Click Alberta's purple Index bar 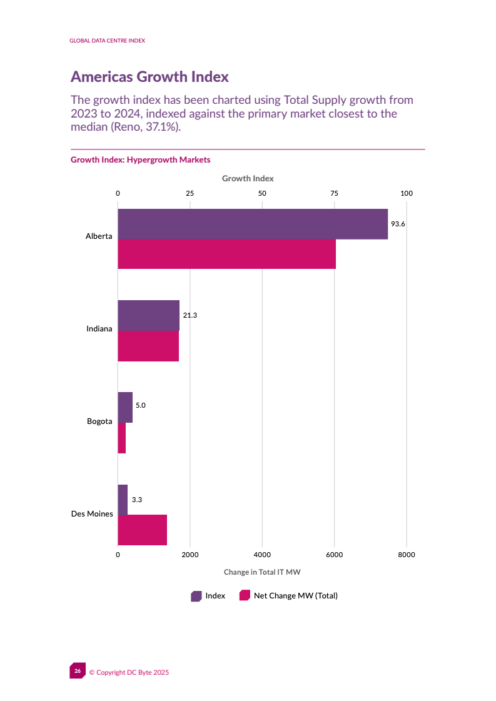[253, 224]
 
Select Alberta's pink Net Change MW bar [226, 254]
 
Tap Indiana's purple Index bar [148, 315]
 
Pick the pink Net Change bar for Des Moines [142, 530]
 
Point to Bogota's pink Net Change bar [121, 438]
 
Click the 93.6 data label [398, 224]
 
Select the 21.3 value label [190, 315]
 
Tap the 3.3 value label [137, 500]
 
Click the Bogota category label [99, 421]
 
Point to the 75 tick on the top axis [335, 194]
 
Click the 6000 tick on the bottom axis [335, 554]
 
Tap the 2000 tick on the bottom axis [190, 554]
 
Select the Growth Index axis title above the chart [248, 179]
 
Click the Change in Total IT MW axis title [263, 572]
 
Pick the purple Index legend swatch [196, 596]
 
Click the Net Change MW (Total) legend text [295, 596]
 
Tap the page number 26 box [77, 671]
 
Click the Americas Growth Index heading [149, 77]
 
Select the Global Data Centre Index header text [107, 41]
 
